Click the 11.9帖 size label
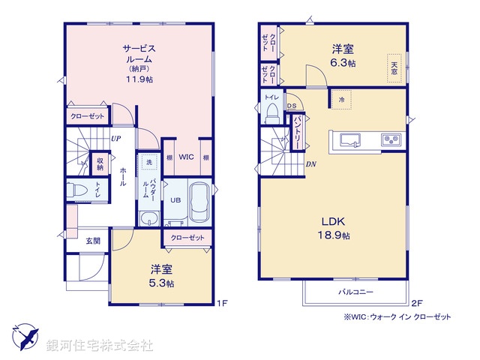pos(139,77)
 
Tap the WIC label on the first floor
pos(187,157)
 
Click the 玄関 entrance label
pos(92,240)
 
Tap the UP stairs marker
pos(116,139)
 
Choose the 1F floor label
pos(222,304)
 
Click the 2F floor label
pos(418,304)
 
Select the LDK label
pos(334,221)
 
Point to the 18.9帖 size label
pos(334,235)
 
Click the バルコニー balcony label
pos(355,292)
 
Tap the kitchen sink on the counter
pos(350,139)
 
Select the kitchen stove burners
pos(391,139)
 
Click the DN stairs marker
pos(310,163)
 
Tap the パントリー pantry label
pos(298,130)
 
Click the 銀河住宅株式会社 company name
pos(99,346)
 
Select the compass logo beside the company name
pos(25,338)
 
